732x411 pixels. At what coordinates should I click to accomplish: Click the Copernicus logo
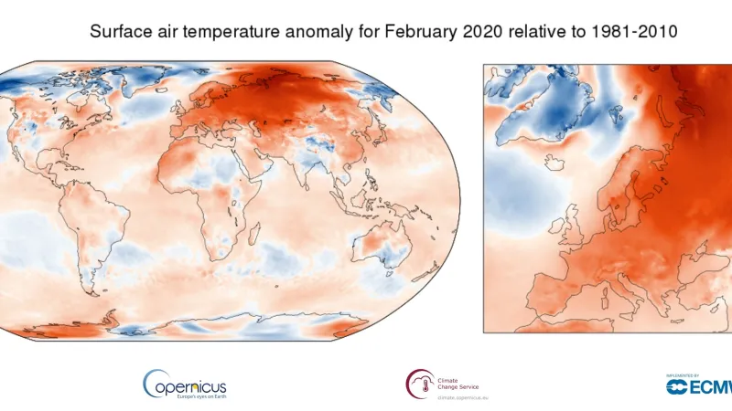click(x=184, y=383)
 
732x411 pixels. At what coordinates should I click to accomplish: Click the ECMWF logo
click(x=699, y=385)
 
